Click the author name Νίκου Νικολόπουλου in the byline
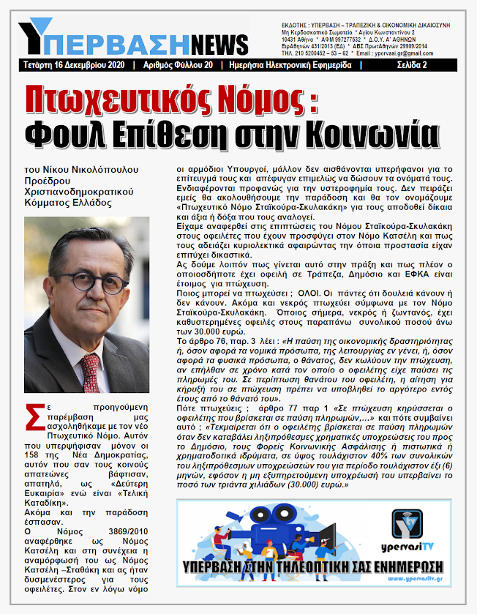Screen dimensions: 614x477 95,169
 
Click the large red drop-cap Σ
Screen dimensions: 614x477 33,413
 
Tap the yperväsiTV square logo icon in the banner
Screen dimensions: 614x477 407,524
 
